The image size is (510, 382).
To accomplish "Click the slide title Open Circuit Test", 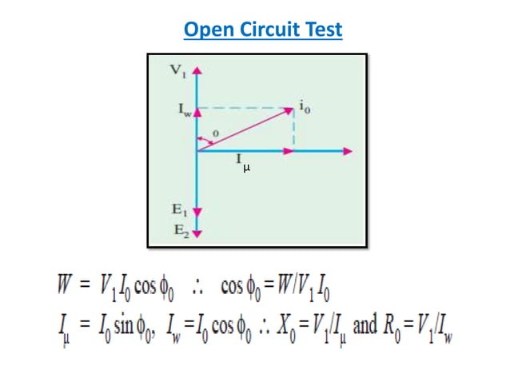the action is (x=262, y=30).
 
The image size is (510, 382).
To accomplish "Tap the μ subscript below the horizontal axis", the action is (x=246, y=168).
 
